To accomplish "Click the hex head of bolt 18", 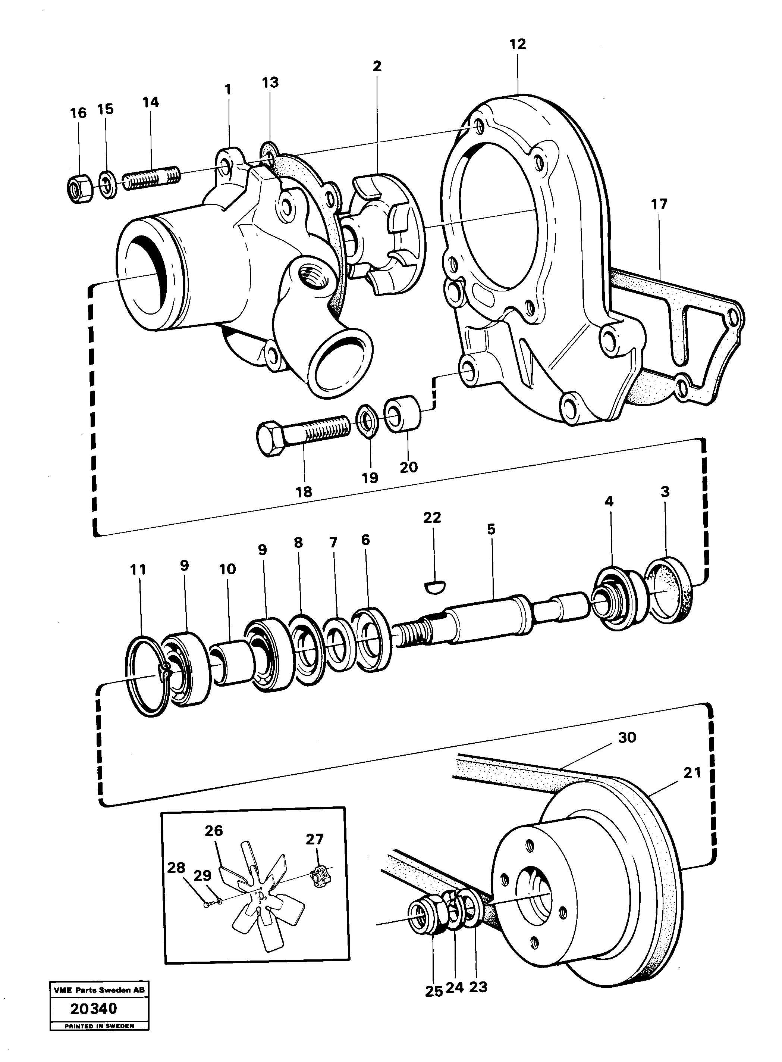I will point(270,438).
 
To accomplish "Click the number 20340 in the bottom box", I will point(93,1009).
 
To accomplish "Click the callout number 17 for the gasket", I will point(659,204).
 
